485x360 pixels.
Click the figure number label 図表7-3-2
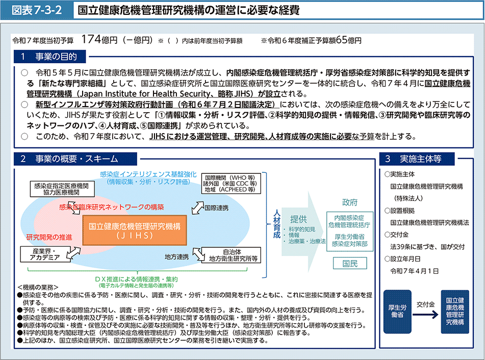(x=37, y=10)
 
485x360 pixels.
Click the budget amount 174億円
(x=99, y=40)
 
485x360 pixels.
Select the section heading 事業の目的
(x=56, y=57)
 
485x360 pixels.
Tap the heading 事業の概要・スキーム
(x=76, y=159)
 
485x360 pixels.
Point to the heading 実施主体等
(x=421, y=159)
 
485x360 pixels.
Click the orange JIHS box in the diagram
(x=135, y=230)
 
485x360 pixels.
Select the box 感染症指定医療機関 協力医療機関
(x=62, y=189)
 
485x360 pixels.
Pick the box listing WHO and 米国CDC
(x=231, y=184)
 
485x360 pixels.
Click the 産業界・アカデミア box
(x=45, y=254)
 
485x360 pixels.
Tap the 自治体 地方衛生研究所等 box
(x=231, y=255)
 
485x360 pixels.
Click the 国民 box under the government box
(x=350, y=264)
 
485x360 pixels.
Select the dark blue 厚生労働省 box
(x=397, y=312)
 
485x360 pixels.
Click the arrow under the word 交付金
(x=426, y=315)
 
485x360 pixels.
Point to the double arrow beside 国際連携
(x=198, y=208)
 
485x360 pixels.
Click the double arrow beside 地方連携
(x=198, y=254)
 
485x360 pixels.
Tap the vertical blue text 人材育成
(x=276, y=224)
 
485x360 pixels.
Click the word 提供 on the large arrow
(x=298, y=219)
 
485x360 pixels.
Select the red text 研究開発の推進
(x=49, y=237)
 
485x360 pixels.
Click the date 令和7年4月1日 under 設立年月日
(x=415, y=271)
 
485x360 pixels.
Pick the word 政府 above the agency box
(x=350, y=202)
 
